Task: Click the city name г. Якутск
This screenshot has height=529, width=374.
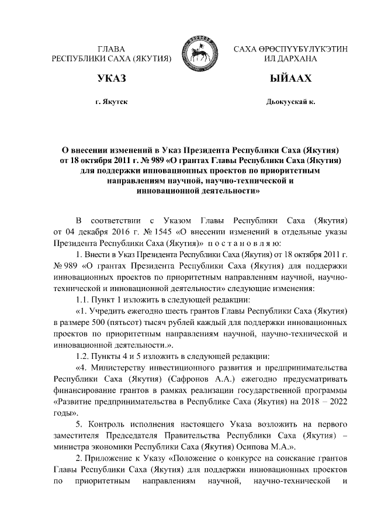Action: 111,102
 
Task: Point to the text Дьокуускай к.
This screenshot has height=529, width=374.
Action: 290,102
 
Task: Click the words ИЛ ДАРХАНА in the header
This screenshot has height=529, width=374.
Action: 290,59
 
